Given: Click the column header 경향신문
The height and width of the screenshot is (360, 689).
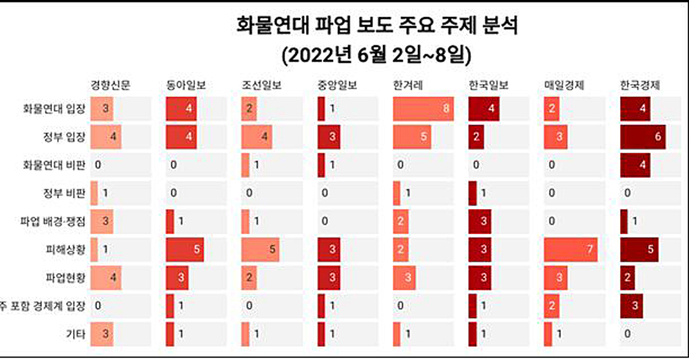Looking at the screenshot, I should [111, 86].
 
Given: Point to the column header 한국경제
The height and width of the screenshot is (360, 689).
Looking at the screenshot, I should [640, 86].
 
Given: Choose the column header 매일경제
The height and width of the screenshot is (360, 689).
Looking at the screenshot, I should [564, 86].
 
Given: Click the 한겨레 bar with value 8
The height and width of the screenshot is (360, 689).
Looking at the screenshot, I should [424, 109].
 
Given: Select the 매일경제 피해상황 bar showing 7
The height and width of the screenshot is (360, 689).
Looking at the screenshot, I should [571, 250].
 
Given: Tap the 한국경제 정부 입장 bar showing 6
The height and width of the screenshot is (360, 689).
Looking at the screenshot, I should [642, 137].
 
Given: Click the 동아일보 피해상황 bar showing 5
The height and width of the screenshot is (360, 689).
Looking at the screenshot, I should [185, 250].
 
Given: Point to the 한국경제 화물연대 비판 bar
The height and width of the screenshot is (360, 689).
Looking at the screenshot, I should [635, 165].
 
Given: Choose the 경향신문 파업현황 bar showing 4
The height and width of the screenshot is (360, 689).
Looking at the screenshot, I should [106, 278].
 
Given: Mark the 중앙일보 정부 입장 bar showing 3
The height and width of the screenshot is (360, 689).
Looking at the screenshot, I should [329, 137].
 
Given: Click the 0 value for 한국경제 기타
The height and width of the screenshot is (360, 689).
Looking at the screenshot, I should [627, 334].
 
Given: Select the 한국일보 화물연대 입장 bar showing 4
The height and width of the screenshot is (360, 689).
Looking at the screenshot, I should [484, 109].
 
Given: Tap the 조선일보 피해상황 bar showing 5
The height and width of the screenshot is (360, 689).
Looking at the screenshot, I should [260, 250].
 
